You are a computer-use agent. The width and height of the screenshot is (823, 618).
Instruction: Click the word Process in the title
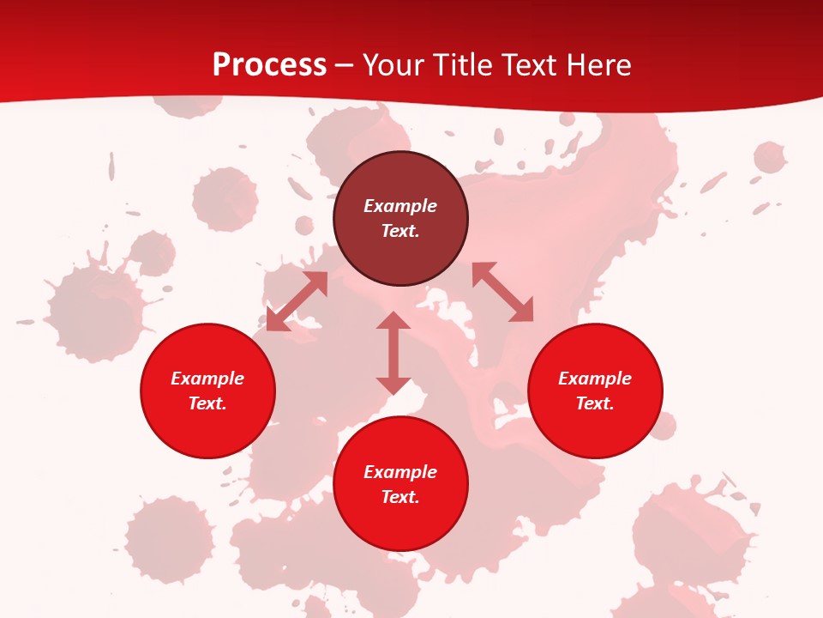point(269,65)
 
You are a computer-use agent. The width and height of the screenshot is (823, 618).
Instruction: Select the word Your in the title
point(393,65)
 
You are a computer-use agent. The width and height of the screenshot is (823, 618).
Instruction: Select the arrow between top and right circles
point(502,292)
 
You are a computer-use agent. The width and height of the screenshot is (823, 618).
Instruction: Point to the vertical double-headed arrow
point(393,353)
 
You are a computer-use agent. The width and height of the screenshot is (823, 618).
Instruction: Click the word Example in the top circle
point(400,206)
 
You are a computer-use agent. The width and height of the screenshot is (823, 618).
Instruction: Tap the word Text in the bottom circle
point(400,497)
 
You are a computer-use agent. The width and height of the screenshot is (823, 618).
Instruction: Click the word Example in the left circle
point(207,379)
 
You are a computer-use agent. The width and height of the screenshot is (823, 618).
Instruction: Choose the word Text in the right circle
point(595,403)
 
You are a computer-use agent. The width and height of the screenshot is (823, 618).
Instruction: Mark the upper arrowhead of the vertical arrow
point(393,321)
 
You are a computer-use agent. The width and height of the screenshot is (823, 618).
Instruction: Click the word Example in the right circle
point(595,379)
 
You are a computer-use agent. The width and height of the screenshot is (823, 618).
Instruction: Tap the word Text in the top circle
point(400,231)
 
